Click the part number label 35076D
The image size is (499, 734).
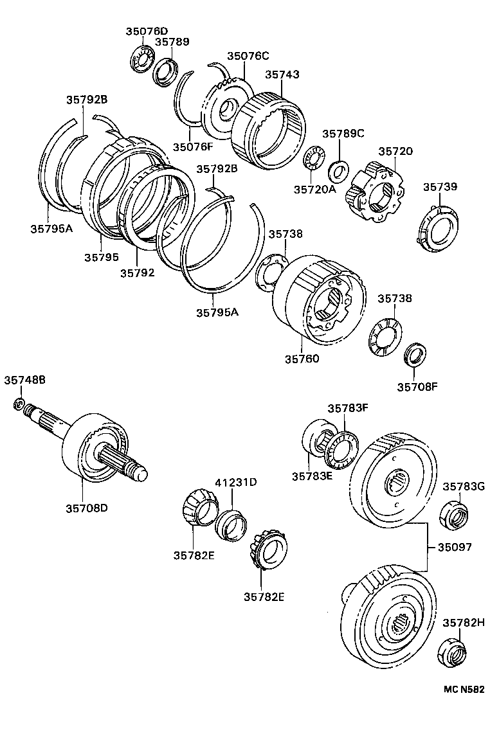[x=146, y=31]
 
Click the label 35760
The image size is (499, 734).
[x=302, y=358]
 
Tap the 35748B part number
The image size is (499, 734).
[x=24, y=380]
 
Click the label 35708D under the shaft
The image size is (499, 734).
[x=86, y=508]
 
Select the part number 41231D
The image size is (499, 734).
[x=235, y=482]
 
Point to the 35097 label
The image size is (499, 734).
[x=455, y=548]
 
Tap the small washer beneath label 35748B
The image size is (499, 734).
[x=19, y=404]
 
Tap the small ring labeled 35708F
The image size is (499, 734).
[x=415, y=354]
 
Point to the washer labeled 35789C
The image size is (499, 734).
[x=338, y=171]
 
